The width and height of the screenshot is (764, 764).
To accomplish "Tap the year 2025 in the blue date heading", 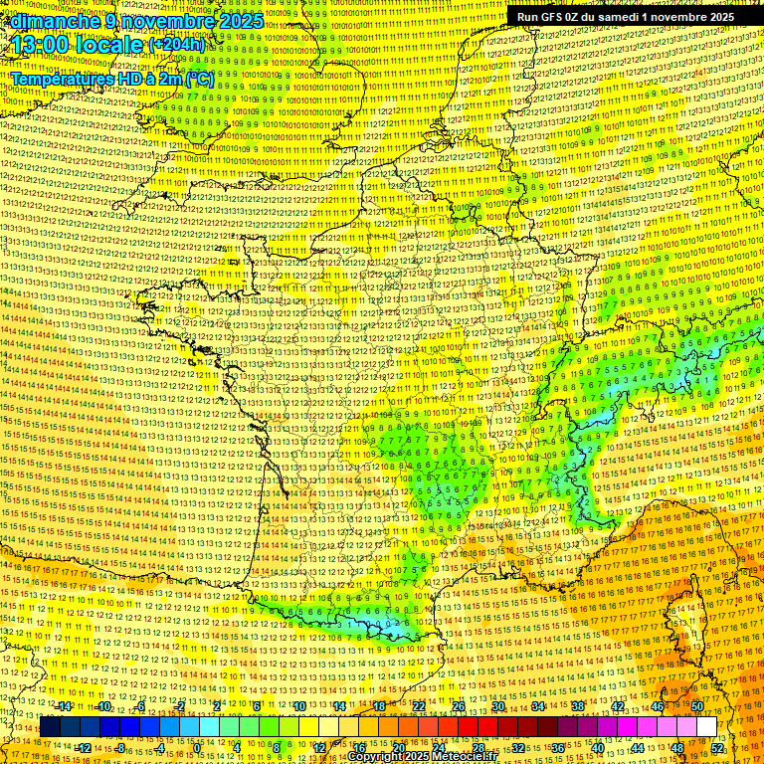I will pyautogui.click(x=239, y=21).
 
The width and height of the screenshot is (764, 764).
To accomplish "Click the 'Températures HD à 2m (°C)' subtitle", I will pyautogui.click(x=111, y=79).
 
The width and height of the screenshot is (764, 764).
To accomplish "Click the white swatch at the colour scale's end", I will pyautogui.click(x=706, y=727).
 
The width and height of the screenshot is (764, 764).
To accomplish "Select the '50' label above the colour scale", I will pyautogui.click(x=697, y=706).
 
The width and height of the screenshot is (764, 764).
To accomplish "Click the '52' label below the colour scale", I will pyautogui.click(x=717, y=747).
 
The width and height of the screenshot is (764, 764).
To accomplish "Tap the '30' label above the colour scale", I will pyautogui.click(x=498, y=706).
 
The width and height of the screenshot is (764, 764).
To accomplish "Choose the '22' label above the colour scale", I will pyautogui.click(x=419, y=706).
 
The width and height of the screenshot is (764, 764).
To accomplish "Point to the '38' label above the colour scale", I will pyautogui.click(x=578, y=706).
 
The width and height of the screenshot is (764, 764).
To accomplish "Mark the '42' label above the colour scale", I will pyautogui.click(x=618, y=706).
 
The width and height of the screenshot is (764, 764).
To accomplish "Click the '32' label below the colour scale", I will pyautogui.click(x=518, y=747).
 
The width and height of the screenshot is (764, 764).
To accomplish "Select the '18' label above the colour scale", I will pyautogui.click(x=379, y=706).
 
